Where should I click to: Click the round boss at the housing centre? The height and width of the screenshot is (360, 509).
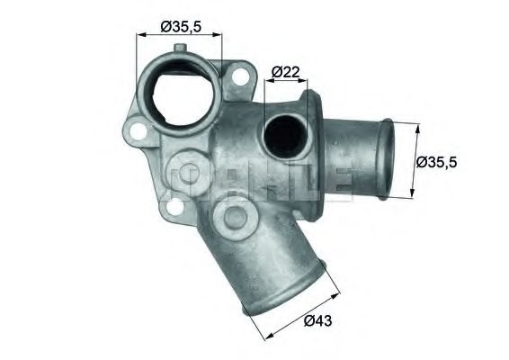coord(237,216)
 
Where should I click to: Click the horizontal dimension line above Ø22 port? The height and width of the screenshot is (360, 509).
coord(285,82)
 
